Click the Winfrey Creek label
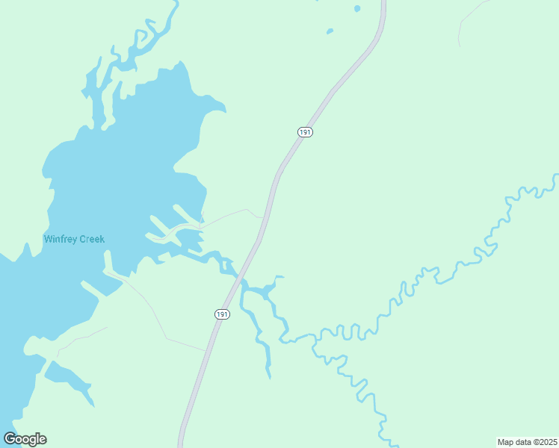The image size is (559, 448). [x=74, y=240]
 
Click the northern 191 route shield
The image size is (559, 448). [x=304, y=132]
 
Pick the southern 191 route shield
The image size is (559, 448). [x=222, y=314]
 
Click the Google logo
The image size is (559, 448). [x=25, y=439]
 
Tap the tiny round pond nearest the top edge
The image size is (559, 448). [x=357, y=9]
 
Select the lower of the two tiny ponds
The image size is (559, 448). [x=330, y=31]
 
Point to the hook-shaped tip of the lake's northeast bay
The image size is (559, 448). [x=220, y=108]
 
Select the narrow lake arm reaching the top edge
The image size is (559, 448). [x=173, y=7]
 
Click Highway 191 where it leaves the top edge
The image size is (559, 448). [x=383, y=4]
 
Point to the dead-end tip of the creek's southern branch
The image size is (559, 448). [x=269, y=376]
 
